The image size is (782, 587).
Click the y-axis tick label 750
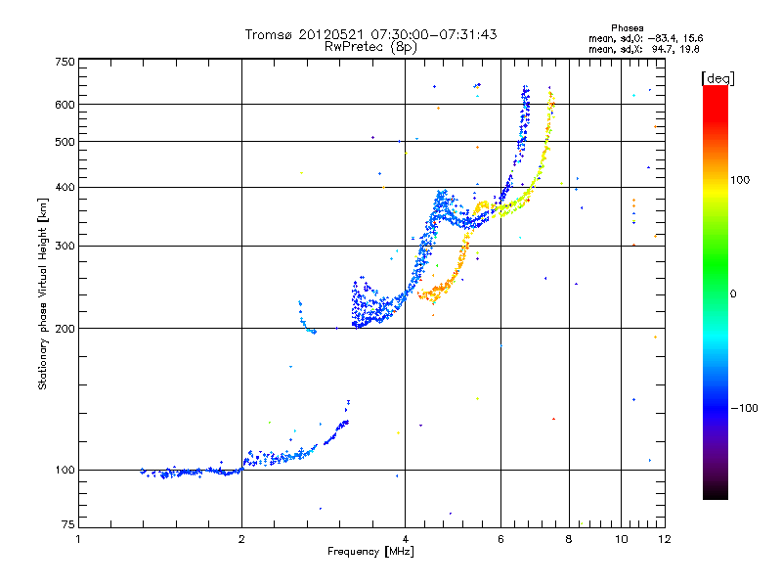[64, 62]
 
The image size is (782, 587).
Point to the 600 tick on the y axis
[64, 104]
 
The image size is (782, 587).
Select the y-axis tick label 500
[64, 141]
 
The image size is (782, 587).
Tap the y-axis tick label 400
[64, 187]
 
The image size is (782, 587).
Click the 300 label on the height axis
[64, 246]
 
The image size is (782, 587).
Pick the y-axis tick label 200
[64, 328]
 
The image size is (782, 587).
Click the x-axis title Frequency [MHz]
[372, 553]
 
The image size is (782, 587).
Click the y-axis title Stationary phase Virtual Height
[43, 293]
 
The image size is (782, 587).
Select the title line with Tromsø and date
[371, 34]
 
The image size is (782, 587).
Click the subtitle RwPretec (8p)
[371, 46]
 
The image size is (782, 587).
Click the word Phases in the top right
[628, 27]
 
